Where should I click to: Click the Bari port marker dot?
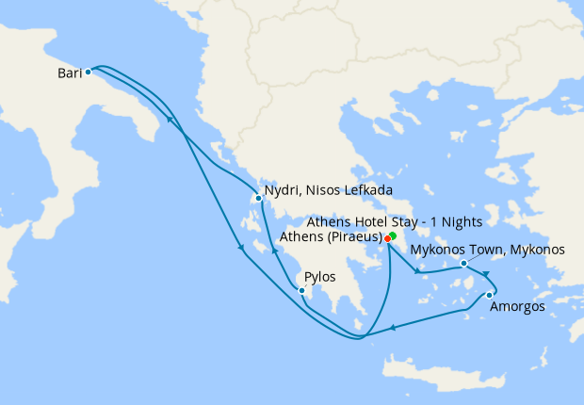88,72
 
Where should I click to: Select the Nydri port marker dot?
258,198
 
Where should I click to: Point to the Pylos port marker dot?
301,290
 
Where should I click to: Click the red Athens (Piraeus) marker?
388,238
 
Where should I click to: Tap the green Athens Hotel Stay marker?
393,235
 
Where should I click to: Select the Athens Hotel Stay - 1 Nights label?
395,222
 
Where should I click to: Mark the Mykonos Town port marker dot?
463,264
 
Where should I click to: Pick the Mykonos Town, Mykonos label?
488,250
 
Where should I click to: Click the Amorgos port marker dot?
489,295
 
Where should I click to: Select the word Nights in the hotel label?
461,222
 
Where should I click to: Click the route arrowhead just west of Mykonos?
415,272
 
